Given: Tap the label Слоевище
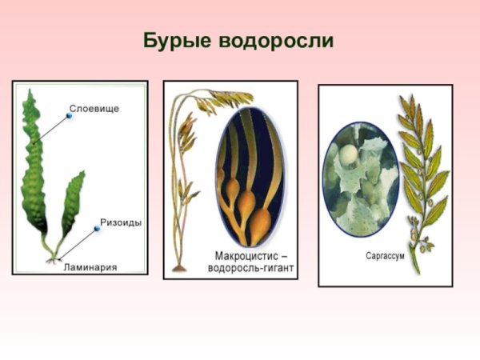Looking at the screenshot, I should [x=94, y=109].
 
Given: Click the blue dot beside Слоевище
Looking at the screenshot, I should [x=70, y=116].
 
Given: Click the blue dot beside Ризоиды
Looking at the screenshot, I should [x=97, y=229].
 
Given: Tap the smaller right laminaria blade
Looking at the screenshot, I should [x=73, y=204].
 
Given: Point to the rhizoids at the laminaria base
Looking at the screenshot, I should [x=54, y=258].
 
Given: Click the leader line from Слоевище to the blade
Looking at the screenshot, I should [x=52, y=128].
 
